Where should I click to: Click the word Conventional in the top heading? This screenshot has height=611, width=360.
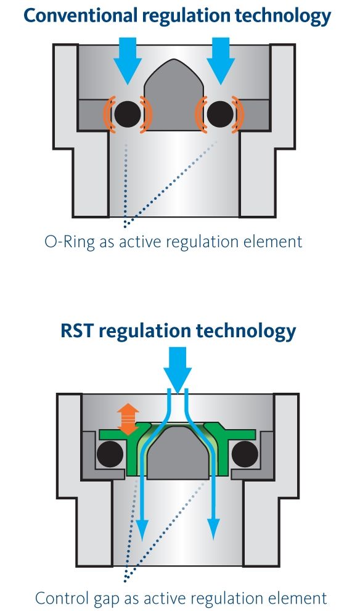tap(81, 16)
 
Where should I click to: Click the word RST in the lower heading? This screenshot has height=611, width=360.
tap(77, 331)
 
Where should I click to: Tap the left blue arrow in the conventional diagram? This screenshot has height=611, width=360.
tap(128, 61)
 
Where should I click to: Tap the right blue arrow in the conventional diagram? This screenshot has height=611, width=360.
tap(221, 61)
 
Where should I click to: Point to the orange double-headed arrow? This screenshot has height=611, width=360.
tap(128, 419)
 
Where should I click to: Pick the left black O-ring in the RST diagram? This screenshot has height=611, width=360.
tap(110, 454)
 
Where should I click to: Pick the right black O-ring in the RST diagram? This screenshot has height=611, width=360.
tap(245, 454)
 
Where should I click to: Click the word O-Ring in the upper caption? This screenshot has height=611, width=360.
tap(70, 242)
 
